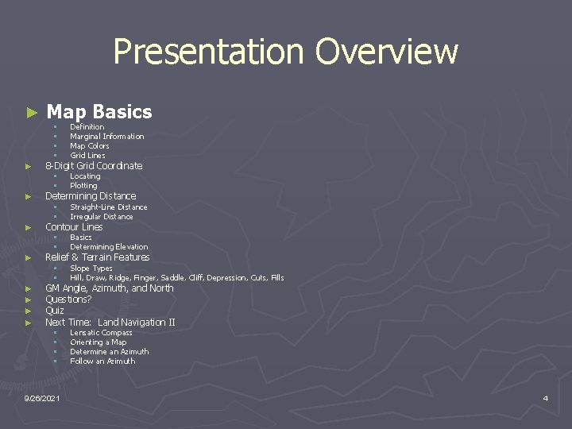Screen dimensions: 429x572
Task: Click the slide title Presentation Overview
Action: tap(285, 52)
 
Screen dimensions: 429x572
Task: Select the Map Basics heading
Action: tap(99, 112)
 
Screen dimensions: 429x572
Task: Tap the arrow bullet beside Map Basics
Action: tap(32, 113)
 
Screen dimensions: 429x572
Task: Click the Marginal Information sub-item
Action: tap(106, 137)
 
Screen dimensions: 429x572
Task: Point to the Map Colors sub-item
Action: tap(89, 146)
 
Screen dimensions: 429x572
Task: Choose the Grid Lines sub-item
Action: tap(87, 156)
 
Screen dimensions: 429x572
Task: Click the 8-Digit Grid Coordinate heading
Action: tap(94, 166)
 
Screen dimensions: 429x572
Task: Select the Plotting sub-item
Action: tap(83, 186)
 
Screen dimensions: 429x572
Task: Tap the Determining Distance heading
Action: tap(91, 196)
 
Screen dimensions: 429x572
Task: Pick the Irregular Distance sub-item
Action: tap(101, 217)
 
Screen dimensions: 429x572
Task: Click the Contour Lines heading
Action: tap(74, 227)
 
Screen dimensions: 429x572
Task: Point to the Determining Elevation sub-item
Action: tap(109, 247)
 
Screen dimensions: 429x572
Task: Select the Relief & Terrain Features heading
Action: tap(97, 257)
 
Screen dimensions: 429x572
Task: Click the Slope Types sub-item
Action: tap(91, 269)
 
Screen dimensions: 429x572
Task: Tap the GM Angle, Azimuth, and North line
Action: tap(109, 288)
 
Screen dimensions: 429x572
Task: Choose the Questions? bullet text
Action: tap(68, 300)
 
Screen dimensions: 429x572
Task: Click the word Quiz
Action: tap(55, 311)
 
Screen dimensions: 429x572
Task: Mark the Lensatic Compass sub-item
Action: tap(101, 333)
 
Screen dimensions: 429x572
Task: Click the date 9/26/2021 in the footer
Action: tap(42, 397)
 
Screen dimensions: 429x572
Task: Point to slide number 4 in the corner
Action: tap(545, 398)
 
